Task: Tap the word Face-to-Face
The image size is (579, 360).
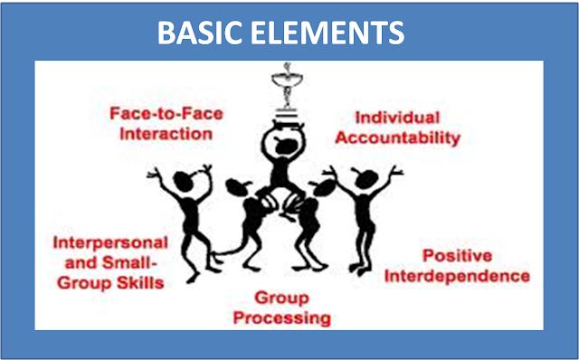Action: [x=166, y=113]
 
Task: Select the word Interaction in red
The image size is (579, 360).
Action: [x=166, y=134]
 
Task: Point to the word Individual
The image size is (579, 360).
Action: [x=397, y=118]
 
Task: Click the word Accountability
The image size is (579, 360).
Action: [x=398, y=138]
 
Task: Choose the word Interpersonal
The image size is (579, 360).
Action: [x=110, y=243]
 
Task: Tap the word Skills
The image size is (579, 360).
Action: [x=140, y=283]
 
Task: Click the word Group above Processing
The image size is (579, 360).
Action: [x=281, y=298]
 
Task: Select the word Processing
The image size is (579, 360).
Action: [x=282, y=317]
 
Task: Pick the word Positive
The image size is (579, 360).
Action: [x=457, y=255]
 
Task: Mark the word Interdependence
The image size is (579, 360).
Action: [x=457, y=276]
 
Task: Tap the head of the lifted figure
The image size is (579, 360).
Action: [x=283, y=142]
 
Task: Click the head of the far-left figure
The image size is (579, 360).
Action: [x=183, y=181]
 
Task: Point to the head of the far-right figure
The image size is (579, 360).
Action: [x=365, y=179]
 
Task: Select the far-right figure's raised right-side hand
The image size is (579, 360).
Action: [x=396, y=171]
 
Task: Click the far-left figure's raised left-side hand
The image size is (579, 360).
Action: [x=154, y=173]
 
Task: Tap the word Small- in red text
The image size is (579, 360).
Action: [x=128, y=263]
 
